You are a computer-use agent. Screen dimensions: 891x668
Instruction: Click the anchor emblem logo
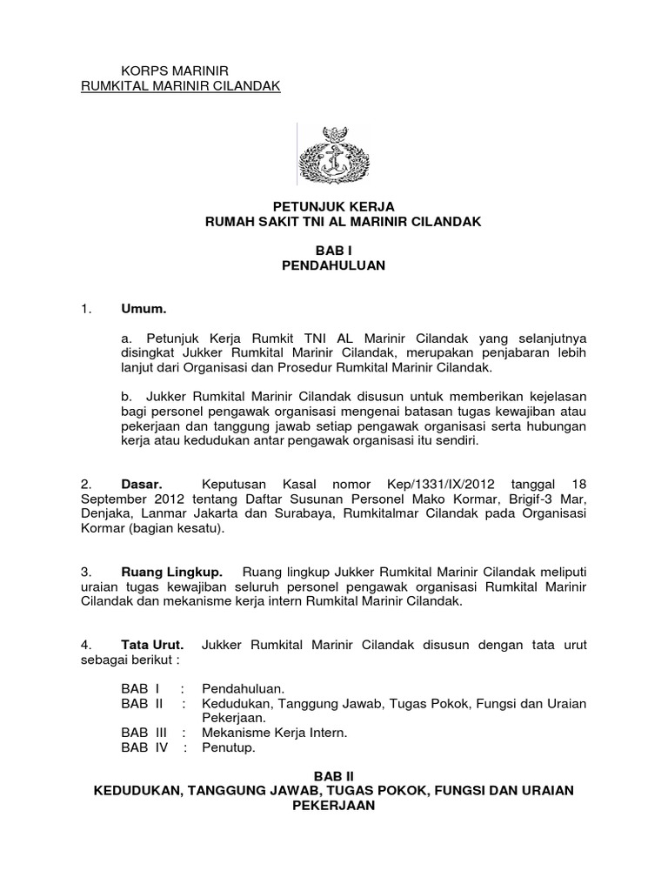coord(334,155)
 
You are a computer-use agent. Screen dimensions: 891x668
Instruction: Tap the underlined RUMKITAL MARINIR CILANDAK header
coord(180,86)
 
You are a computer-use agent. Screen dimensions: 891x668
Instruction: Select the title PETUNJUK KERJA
coord(334,206)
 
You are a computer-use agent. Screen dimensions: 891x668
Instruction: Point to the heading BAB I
coord(334,250)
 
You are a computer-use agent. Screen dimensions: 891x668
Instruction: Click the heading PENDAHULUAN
coord(334,266)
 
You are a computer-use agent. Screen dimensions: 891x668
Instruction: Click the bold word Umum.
coord(144,309)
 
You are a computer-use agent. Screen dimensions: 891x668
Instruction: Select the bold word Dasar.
coord(144,483)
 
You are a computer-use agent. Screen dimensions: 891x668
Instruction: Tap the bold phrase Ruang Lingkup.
coord(172,572)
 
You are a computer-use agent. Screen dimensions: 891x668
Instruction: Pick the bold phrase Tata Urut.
coord(152,645)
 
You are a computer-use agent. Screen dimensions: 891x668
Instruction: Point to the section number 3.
coord(85,572)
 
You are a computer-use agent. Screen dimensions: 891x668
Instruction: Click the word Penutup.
coord(229,747)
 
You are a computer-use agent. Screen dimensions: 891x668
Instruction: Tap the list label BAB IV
coord(144,747)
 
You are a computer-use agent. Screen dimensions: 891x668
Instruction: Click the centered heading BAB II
coord(334,774)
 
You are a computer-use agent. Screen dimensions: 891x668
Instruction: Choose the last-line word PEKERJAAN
coord(334,806)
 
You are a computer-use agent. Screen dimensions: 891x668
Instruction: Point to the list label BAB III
coord(144,733)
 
